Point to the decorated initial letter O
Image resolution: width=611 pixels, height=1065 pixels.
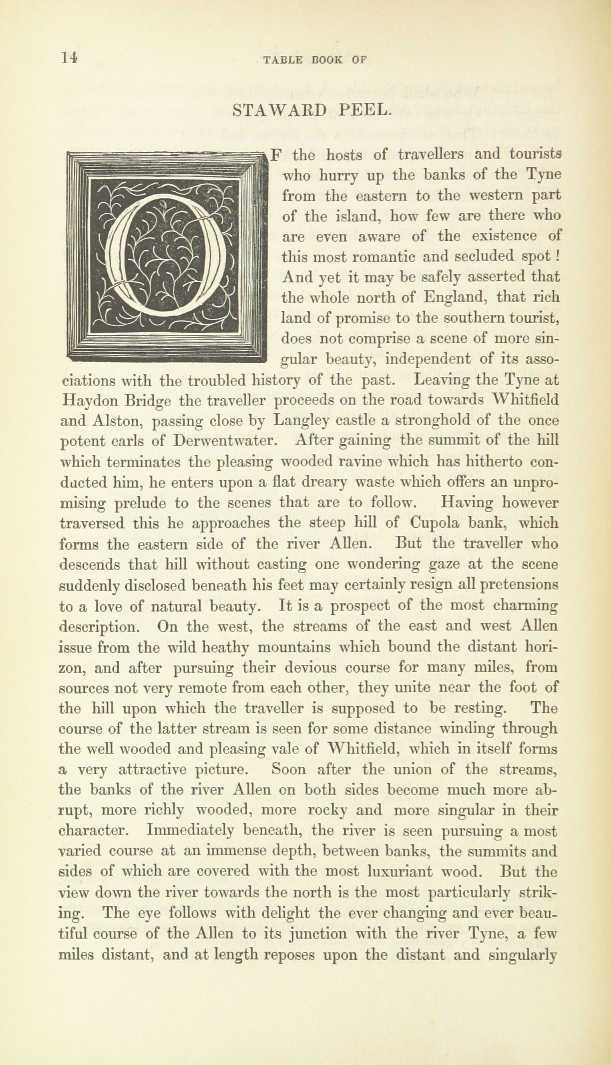pyautogui.click(x=167, y=257)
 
